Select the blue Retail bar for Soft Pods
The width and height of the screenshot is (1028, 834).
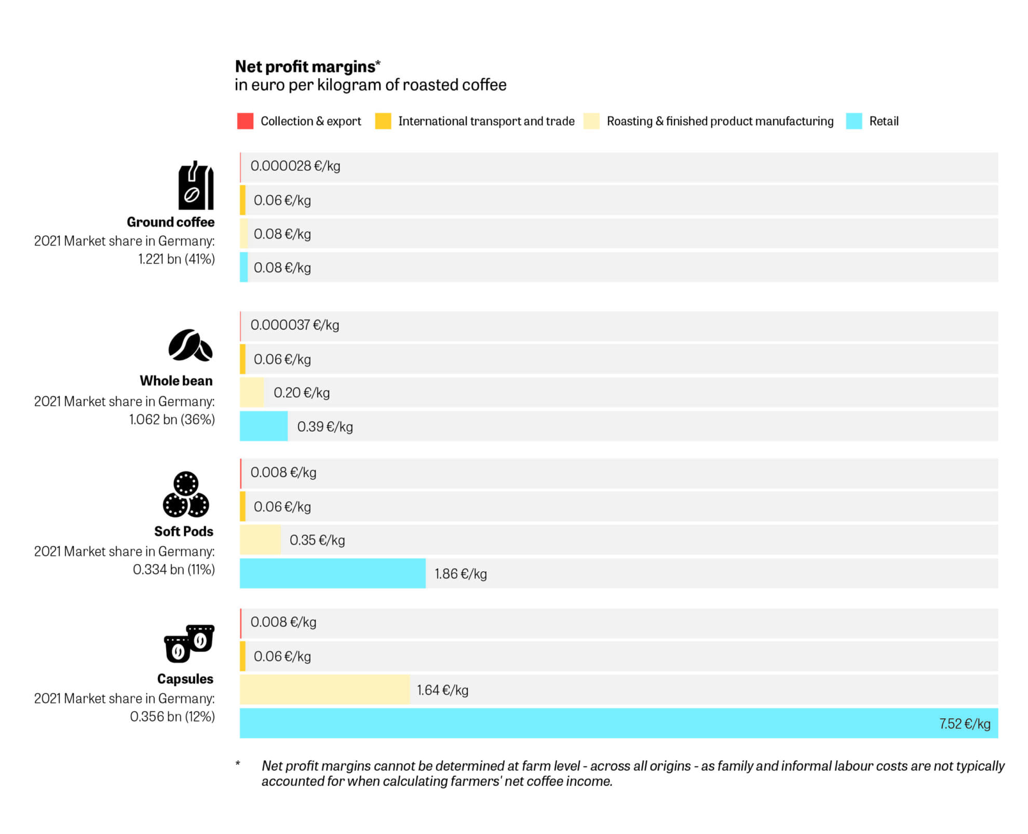[x=332, y=573]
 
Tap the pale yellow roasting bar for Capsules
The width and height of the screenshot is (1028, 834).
[x=324, y=690]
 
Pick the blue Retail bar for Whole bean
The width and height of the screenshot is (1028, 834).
[x=263, y=426]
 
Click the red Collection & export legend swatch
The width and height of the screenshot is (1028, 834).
[x=245, y=121]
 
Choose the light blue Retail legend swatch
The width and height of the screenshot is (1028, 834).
[x=854, y=121]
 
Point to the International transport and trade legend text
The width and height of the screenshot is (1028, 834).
[x=486, y=121]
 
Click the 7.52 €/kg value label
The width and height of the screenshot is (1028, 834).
[x=964, y=723]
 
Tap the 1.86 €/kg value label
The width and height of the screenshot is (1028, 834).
[x=461, y=574]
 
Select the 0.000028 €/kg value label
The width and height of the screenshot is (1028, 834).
[x=295, y=166]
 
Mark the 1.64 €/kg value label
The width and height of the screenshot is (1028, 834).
[x=442, y=690]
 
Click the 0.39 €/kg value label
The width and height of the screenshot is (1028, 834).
[x=324, y=427]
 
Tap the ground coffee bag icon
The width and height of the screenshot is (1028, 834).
[x=196, y=185]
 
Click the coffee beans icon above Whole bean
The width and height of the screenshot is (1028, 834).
[x=190, y=345]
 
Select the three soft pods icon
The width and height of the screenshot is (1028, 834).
[x=186, y=494]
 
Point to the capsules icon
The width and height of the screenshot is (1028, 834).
[x=189, y=643]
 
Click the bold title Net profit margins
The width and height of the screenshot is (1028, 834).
[x=305, y=66]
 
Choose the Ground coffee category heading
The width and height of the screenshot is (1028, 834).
[x=170, y=222]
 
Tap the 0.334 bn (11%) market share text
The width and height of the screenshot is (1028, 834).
[x=173, y=570]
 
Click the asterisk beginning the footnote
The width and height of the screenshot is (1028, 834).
[x=238, y=764]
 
